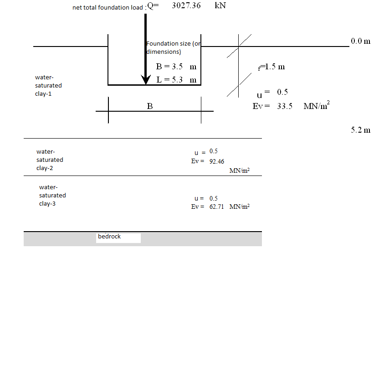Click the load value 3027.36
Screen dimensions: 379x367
186,5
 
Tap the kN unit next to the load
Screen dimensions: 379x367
220,5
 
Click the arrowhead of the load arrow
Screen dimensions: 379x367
146,80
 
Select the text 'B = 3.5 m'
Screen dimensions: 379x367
176,67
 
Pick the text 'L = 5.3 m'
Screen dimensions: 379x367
176,80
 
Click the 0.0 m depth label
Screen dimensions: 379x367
360,41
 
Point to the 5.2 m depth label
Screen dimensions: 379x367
360,130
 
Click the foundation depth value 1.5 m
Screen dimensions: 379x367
275,67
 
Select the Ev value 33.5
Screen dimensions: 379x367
285,106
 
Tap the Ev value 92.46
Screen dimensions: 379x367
216,161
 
